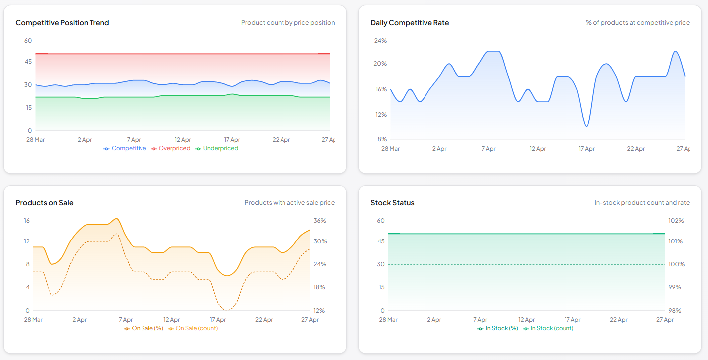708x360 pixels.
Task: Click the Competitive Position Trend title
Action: click(62, 23)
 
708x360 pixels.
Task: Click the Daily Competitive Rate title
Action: click(410, 23)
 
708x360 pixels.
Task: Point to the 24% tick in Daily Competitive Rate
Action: click(380, 41)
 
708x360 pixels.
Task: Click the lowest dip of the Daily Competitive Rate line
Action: click(586, 126)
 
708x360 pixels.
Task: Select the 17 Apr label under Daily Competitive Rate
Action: click(586, 149)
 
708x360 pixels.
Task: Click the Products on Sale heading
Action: click(44, 203)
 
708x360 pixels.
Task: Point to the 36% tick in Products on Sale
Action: click(320, 221)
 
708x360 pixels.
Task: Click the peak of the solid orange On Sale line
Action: click(116, 218)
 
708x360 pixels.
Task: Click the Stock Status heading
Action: click(392, 203)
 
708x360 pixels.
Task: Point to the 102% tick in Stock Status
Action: click(676, 221)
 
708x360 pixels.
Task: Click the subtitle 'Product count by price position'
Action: click(288, 23)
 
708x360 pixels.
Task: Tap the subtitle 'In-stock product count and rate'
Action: click(642, 203)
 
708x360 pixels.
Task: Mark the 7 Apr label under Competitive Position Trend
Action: click(134, 140)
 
